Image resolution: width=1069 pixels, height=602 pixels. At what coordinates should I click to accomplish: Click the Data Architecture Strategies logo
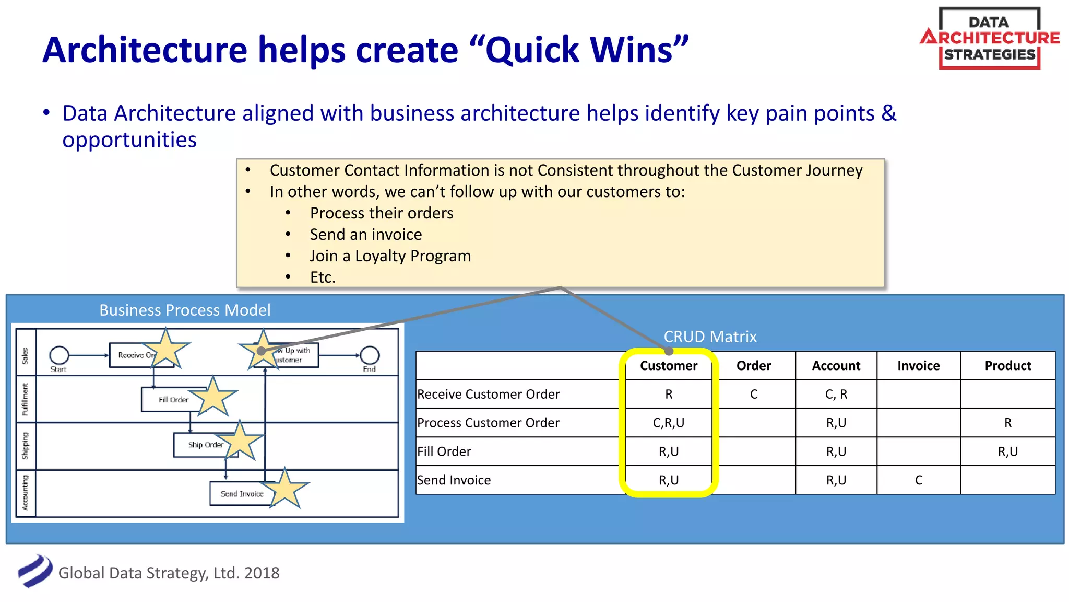tap(989, 38)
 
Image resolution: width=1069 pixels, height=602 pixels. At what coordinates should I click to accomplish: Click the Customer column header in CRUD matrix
tap(668, 366)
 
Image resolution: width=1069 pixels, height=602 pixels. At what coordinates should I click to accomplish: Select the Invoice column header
tap(918, 366)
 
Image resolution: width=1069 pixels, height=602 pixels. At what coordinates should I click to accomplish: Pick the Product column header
tap(1007, 366)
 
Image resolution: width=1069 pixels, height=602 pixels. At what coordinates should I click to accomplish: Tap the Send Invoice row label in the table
tap(454, 480)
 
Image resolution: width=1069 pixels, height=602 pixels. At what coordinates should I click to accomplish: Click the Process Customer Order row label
tap(488, 423)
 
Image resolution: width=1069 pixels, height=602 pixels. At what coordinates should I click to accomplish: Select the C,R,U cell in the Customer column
tap(668, 423)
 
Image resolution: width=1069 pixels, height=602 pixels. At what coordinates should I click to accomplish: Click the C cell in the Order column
tap(753, 395)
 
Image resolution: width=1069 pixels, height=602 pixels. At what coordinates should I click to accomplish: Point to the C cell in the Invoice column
tap(918, 480)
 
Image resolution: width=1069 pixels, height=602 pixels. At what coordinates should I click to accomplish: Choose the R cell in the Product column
tap(1007, 423)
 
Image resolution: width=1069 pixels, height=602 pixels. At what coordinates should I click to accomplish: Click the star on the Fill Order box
tap(213, 398)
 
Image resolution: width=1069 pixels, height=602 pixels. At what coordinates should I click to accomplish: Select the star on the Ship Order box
tap(240, 441)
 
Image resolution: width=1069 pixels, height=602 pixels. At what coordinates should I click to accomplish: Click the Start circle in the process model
tap(59, 355)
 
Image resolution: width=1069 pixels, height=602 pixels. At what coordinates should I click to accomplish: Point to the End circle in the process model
tap(370, 355)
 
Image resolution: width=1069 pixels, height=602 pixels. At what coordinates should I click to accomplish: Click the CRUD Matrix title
tap(710, 337)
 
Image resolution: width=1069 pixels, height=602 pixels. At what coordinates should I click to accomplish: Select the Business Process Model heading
tap(185, 310)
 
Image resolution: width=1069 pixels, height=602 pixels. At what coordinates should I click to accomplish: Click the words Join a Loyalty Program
tap(390, 256)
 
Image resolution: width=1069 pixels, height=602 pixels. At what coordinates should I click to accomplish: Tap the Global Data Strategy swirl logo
tap(35, 571)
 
